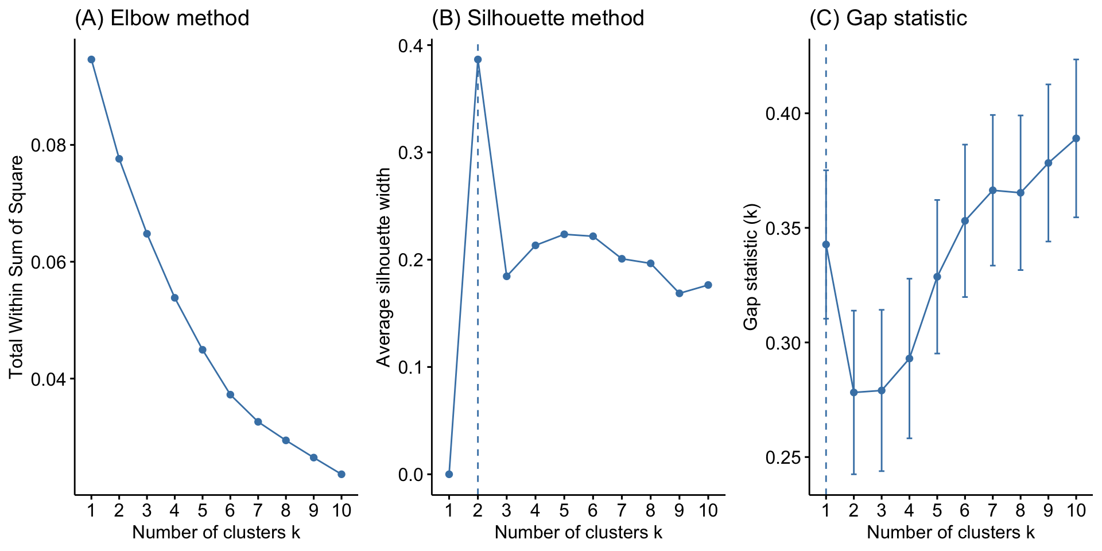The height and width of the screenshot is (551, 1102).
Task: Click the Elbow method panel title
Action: click(x=162, y=18)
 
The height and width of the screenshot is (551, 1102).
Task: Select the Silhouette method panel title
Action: click(x=538, y=18)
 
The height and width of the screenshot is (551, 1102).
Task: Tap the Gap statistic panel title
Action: click(x=888, y=18)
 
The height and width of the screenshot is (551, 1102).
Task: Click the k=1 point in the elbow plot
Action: click(x=91, y=59)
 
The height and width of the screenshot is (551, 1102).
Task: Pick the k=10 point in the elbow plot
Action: click(x=342, y=474)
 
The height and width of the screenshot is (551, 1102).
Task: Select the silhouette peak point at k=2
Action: click(x=478, y=59)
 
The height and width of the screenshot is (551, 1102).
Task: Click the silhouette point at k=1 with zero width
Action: click(x=449, y=474)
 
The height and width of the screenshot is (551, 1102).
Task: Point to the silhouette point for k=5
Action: click(x=564, y=234)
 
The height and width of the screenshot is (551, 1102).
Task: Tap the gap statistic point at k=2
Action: click(x=853, y=393)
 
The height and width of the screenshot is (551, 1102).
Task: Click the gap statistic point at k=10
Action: click(x=1076, y=138)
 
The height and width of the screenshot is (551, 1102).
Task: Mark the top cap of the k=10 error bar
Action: click(x=1076, y=59)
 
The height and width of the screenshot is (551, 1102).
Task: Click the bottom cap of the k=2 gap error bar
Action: click(x=853, y=474)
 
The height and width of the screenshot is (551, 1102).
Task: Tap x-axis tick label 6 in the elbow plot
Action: click(x=230, y=510)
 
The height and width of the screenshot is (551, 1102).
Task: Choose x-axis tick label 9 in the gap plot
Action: click(x=1048, y=510)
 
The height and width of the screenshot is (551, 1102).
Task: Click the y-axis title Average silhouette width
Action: click(x=383, y=267)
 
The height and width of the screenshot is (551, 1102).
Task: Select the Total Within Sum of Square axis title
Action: click(x=16, y=267)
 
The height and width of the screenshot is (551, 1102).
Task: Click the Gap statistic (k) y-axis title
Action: click(x=751, y=267)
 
